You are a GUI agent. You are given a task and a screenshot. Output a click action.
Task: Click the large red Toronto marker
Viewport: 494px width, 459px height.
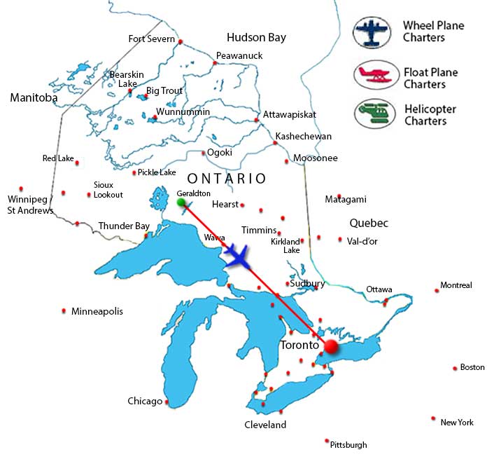[x=331, y=346]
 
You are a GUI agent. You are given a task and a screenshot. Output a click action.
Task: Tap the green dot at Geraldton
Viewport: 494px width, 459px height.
[x=181, y=203]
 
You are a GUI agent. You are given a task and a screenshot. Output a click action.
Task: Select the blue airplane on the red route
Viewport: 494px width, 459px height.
[x=239, y=256]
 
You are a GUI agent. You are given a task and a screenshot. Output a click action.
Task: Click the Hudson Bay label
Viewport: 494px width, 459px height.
[x=256, y=37]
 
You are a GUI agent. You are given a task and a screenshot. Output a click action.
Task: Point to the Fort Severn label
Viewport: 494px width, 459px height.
[x=151, y=39]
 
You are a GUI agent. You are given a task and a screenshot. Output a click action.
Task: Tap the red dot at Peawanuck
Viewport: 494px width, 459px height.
[x=215, y=63]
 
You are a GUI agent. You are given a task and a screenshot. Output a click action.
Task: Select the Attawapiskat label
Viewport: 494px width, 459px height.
[x=290, y=114]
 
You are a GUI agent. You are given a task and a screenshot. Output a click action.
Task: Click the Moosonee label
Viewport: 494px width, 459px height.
[x=316, y=158]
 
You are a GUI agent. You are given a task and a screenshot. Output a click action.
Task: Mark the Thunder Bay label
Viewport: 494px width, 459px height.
[x=124, y=226]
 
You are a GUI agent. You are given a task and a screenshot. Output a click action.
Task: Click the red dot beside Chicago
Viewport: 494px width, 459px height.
[x=167, y=402]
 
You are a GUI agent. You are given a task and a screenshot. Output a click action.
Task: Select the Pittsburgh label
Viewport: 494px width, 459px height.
[x=348, y=444]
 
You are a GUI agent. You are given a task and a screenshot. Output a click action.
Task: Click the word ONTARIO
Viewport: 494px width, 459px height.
[x=227, y=179]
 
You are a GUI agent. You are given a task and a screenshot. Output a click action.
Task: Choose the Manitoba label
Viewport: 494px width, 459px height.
[x=34, y=98]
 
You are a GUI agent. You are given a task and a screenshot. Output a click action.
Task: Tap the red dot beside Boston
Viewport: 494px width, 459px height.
[x=455, y=367]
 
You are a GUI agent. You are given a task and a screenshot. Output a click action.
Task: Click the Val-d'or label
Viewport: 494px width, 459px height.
[x=362, y=240]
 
